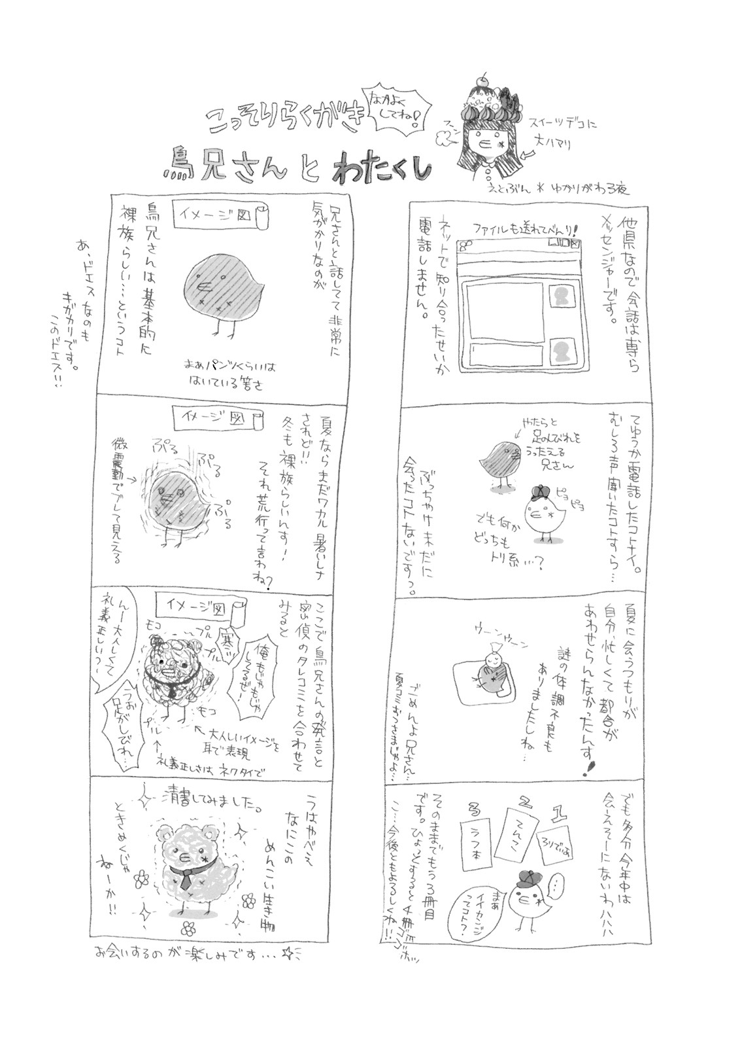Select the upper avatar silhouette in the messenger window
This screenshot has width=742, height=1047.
coord(561,296)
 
